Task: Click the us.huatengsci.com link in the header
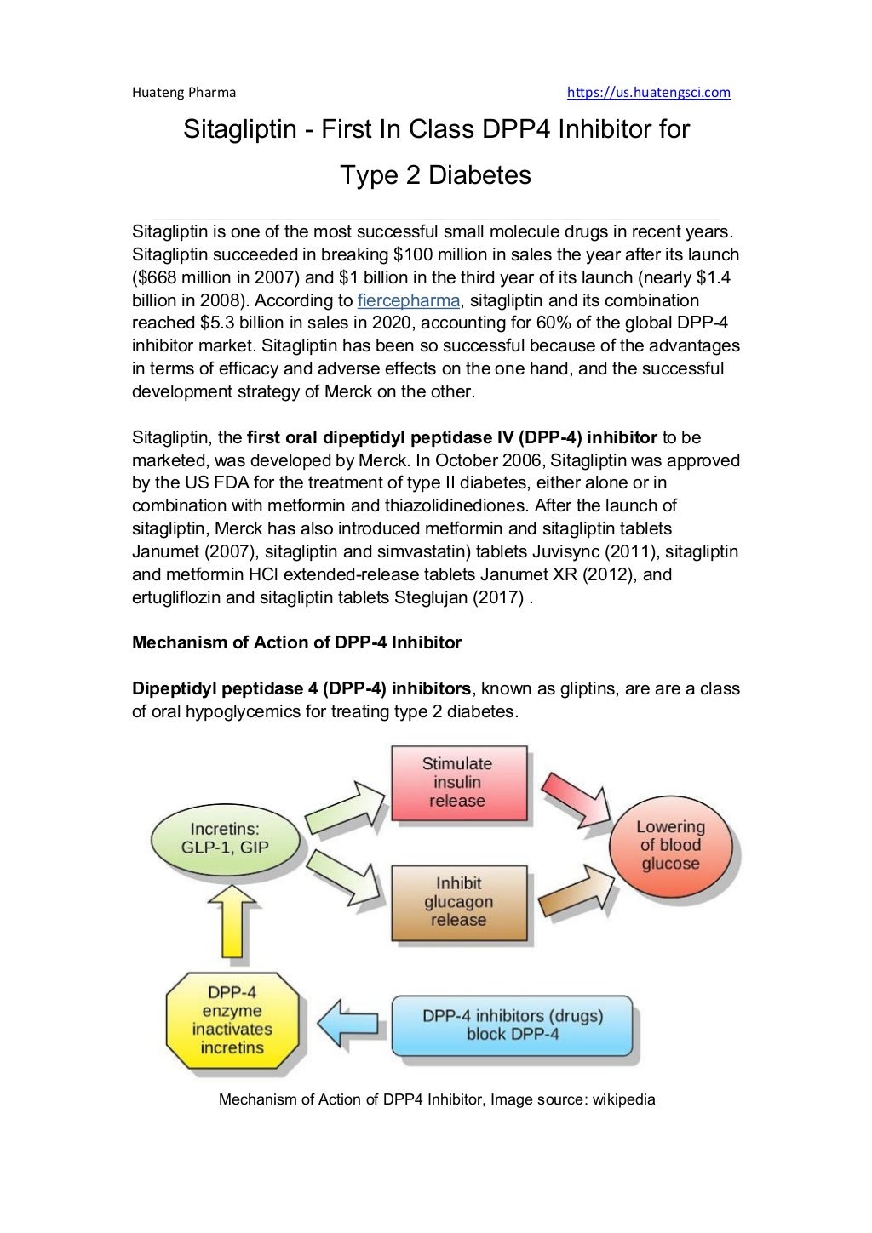click(648, 92)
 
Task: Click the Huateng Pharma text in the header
click(184, 92)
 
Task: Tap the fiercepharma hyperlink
click(408, 300)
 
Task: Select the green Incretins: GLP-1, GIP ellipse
click(225, 838)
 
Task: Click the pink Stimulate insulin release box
click(457, 782)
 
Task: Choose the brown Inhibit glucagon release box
click(457, 901)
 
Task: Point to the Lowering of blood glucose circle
click(670, 845)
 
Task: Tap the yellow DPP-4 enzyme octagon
click(232, 1019)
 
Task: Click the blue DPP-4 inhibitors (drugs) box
click(513, 1025)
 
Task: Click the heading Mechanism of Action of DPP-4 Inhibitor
click(296, 642)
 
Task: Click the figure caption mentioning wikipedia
click(437, 1099)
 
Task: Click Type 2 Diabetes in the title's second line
click(435, 175)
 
